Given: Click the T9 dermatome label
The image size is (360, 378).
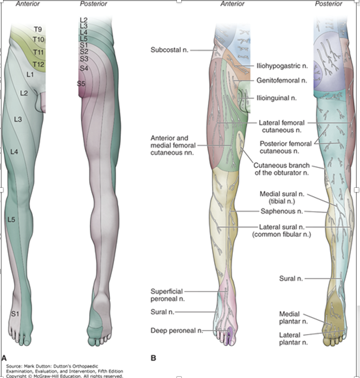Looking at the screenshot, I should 38,29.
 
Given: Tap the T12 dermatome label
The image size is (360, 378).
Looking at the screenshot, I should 38,64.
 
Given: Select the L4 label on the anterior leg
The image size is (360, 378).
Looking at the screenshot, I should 14,152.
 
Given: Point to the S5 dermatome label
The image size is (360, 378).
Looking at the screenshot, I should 81,83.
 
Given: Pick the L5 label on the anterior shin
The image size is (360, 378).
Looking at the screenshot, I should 11,220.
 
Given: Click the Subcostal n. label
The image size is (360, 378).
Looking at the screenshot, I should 169,50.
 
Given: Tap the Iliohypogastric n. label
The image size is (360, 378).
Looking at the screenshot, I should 282,66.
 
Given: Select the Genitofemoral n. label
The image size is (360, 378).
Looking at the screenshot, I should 282,81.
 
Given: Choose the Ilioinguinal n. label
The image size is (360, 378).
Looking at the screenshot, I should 276,98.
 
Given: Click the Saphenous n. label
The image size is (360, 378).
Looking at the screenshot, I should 282,211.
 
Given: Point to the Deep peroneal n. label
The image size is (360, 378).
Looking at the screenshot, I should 177,330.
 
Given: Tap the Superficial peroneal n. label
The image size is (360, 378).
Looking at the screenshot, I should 167,295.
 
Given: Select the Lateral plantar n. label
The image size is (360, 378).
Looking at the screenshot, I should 293,338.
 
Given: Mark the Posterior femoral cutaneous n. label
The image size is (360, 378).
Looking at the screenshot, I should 285,147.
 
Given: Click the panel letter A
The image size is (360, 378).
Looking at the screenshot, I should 4,358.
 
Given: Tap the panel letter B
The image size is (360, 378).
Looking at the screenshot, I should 153,358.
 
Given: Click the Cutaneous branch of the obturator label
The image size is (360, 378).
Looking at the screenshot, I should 281,169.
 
